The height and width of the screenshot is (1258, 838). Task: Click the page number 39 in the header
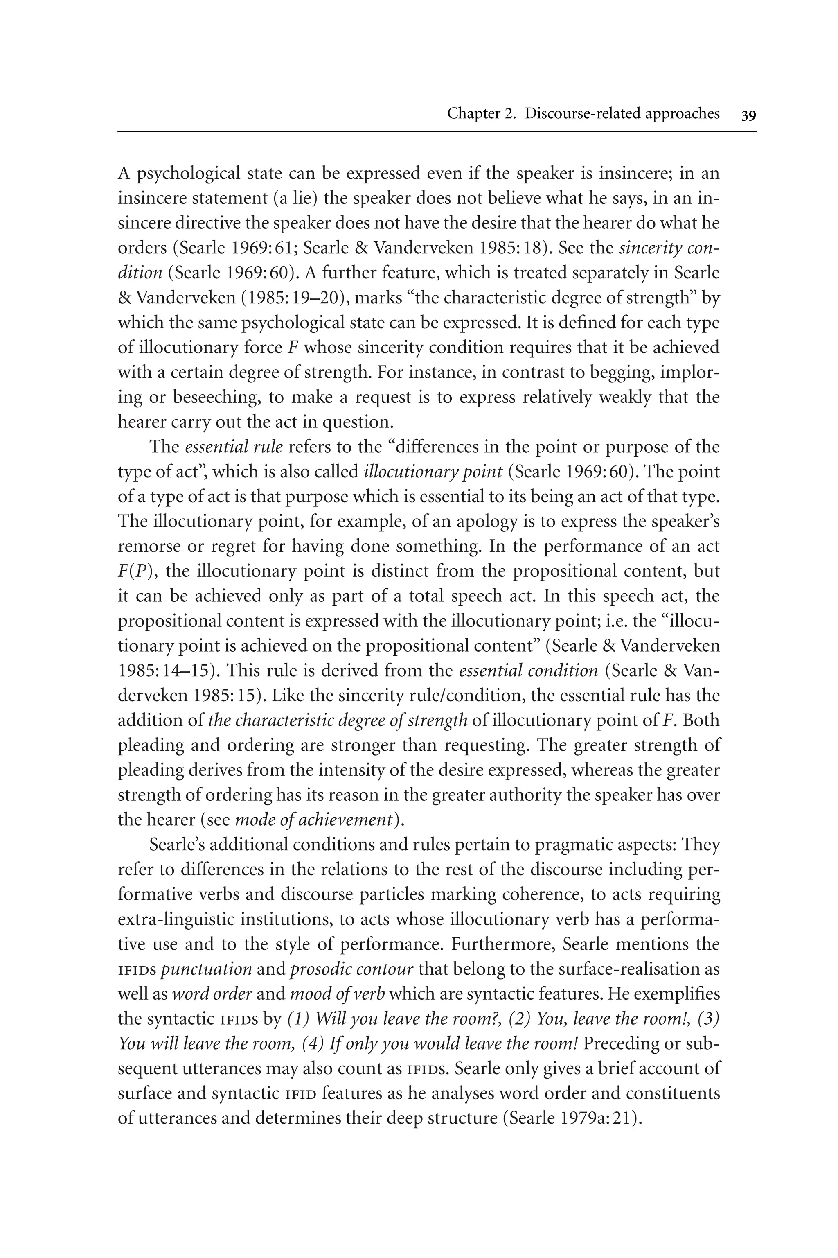(x=748, y=115)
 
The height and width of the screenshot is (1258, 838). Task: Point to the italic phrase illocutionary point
(x=433, y=472)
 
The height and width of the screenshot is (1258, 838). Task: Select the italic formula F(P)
(x=136, y=571)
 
